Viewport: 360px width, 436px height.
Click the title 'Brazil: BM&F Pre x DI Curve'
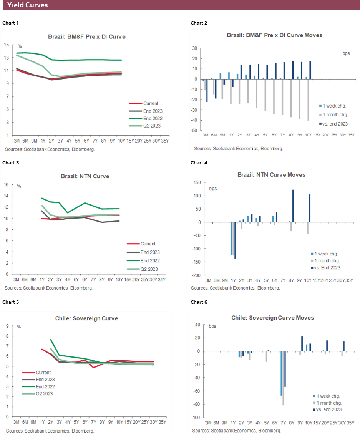point(86,37)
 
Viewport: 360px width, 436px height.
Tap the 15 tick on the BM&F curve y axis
point(7,45)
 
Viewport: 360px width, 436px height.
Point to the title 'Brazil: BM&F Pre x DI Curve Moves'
point(274,35)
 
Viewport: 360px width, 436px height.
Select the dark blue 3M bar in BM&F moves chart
point(207,91)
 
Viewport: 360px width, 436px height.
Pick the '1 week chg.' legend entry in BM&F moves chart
point(334,105)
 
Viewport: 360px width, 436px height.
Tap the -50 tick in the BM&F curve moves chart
point(195,131)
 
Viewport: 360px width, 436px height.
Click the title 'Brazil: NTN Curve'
point(85,176)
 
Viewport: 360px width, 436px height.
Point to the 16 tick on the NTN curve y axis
point(7,185)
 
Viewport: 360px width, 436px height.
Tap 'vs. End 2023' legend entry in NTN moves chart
point(327,268)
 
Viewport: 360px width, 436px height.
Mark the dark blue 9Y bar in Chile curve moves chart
point(302,343)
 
